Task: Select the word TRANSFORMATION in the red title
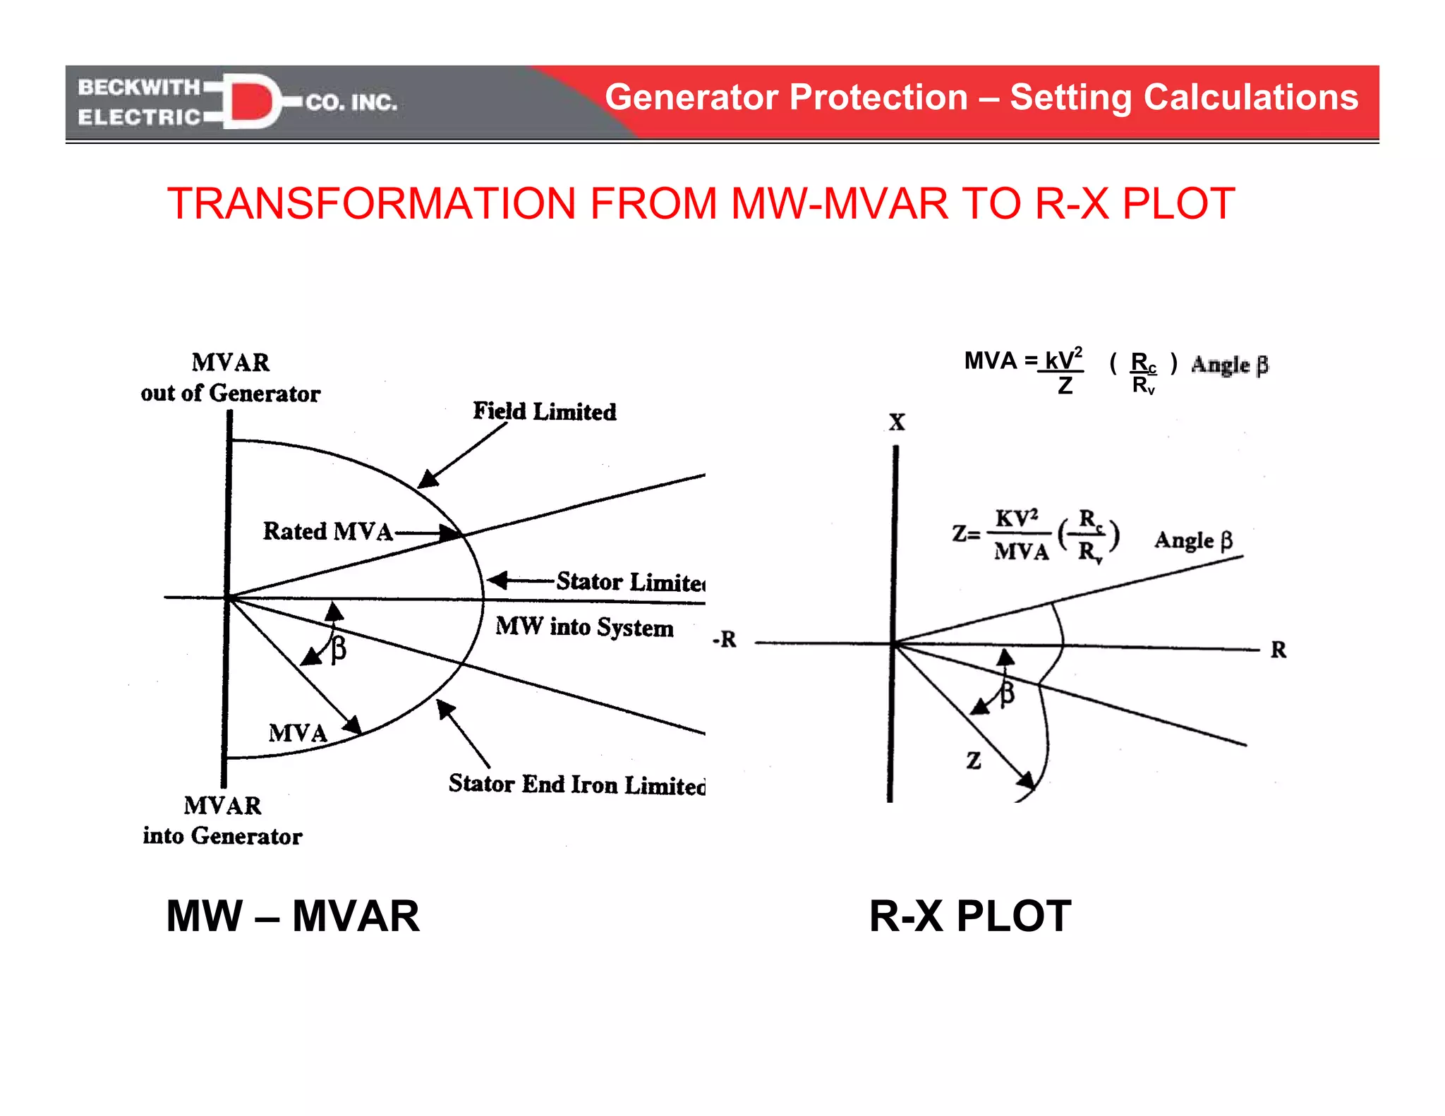tap(371, 204)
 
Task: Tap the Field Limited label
tap(544, 411)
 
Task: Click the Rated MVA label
tap(327, 531)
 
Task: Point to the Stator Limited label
tap(629, 582)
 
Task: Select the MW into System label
tap(584, 626)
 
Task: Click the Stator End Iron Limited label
tap(576, 784)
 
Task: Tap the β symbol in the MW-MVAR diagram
tap(339, 648)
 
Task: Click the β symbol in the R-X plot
tap(1008, 693)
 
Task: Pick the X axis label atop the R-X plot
tap(896, 423)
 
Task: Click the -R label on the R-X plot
tap(725, 639)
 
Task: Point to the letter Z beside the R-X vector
tap(974, 760)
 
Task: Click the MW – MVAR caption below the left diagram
tap(292, 916)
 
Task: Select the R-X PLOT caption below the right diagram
tap(969, 916)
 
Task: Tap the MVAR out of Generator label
tap(231, 378)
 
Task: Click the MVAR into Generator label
tap(222, 820)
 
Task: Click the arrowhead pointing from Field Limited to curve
tap(427, 480)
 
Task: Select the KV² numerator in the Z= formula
tap(1016, 518)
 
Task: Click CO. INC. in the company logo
tap(351, 103)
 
